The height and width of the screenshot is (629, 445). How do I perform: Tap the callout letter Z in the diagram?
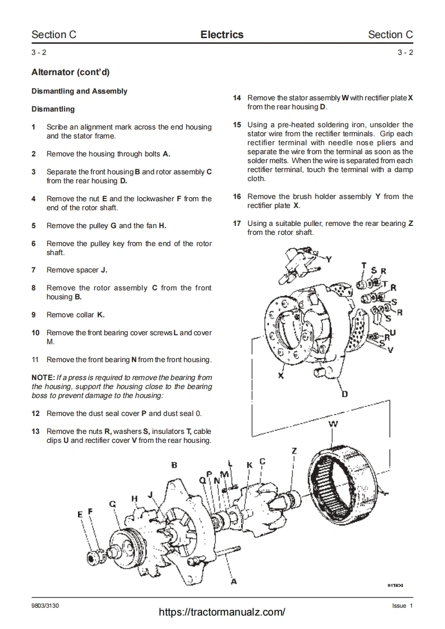click(294, 451)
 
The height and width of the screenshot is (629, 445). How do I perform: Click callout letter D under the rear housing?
click(345, 394)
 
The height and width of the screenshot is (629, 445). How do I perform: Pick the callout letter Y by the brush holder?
click(329, 259)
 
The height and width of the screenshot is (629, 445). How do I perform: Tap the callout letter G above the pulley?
click(113, 504)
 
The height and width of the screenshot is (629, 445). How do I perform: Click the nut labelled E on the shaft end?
click(93, 557)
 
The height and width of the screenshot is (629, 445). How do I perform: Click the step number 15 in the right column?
click(237, 124)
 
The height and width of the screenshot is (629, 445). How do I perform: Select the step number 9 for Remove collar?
click(34, 314)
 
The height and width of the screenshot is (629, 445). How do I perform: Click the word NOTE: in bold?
click(43, 377)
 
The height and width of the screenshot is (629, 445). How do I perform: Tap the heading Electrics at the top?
click(222, 35)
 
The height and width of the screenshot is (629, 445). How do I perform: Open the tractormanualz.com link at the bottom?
click(222, 612)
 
